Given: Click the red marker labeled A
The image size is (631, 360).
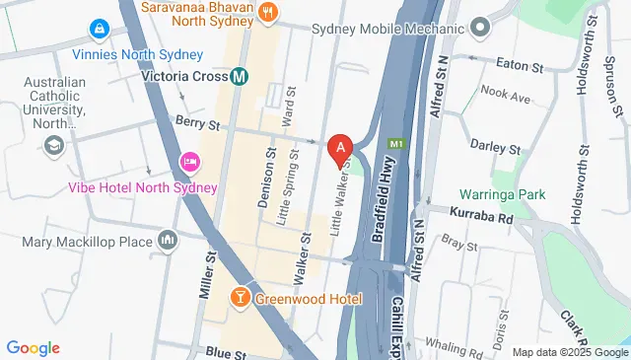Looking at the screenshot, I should point(340,150).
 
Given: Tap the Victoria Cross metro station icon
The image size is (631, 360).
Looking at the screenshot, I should point(240,75).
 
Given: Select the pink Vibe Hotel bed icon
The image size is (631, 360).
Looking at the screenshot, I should point(188,161).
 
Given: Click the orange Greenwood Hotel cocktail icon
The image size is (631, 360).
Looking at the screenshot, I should point(239,298).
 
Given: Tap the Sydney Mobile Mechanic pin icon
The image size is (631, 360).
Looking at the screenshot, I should point(480,27).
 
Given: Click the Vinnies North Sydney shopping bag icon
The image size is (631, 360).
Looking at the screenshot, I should point(100,31).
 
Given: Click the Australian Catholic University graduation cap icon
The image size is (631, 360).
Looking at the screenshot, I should point(53,146).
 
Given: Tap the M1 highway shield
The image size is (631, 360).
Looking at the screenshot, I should point(396,144).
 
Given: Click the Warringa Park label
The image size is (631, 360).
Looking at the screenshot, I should point(502,194).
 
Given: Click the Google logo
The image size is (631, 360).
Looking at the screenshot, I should point(34,347).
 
